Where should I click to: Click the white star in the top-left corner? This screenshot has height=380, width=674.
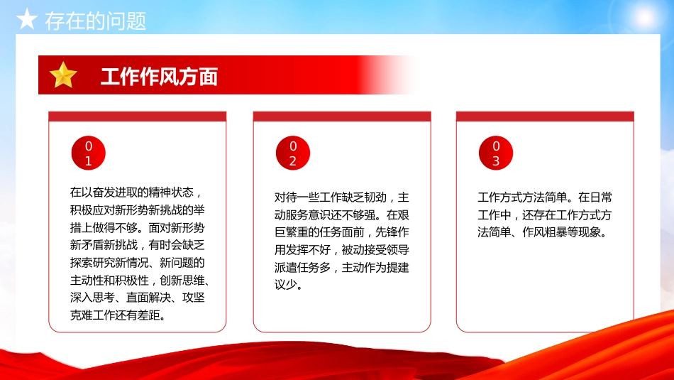[x=26, y=19]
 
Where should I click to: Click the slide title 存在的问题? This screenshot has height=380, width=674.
[x=95, y=21]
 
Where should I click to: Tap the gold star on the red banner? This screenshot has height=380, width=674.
[x=63, y=75]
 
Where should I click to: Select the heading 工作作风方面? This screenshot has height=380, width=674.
[x=159, y=77]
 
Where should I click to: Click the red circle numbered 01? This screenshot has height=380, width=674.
[x=89, y=153]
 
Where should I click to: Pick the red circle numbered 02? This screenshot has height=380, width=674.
[x=292, y=153]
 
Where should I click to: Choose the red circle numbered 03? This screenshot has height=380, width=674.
[x=496, y=153]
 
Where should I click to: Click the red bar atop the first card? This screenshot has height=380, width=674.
[x=137, y=116]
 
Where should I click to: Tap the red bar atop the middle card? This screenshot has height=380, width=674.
[x=341, y=116]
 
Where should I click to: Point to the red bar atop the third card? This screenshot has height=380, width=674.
[x=545, y=116]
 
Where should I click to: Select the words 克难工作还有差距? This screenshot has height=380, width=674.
[x=118, y=315]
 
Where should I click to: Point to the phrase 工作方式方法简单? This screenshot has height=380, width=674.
[x=522, y=197]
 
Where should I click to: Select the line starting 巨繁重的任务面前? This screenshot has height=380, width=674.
[x=341, y=232]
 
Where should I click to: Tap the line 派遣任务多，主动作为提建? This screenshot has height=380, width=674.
[x=341, y=268]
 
